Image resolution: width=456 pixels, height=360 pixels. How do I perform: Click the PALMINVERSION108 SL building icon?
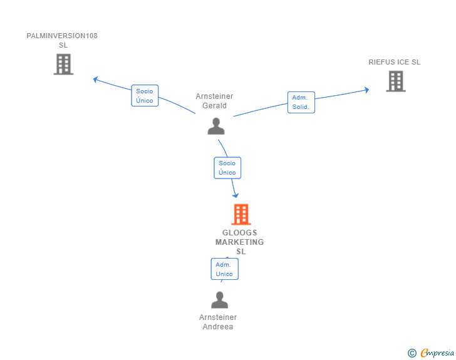click(x=63, y=64)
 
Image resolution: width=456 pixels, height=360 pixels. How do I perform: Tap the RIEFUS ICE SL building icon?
click(x=396, y=81)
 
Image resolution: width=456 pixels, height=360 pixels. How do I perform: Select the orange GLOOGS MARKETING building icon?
click(x=241, y=214)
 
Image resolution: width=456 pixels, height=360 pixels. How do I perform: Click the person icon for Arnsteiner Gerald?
click(x=216, y=126)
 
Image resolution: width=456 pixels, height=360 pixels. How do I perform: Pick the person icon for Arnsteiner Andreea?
click(x=220, y=300)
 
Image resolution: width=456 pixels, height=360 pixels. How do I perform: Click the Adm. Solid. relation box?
click(x=301, y=102)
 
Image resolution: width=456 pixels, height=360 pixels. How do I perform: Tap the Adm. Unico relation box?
click(x=224, y=269)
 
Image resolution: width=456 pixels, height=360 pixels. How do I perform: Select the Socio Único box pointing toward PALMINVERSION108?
click(x=145, y=96)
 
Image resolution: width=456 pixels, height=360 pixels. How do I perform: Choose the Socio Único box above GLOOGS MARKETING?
click(x=227, y=168)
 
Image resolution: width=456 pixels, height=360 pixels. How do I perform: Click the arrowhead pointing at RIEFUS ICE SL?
click(x=367, y=90)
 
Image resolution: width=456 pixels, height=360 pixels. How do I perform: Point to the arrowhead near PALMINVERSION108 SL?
click(x=95, y=80)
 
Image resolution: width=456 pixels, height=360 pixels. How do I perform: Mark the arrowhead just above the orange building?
click(x=236, y=195)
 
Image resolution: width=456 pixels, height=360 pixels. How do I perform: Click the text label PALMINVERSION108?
click(x=62, y=36)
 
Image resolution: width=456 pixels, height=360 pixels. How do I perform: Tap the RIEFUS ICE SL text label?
click(x=395, y=62)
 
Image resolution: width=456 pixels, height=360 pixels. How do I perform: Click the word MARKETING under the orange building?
click(x=240, y=242)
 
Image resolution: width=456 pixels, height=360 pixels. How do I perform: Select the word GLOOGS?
click(x=240, y=233)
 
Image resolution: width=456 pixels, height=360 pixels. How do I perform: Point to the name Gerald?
click(x=214, y=106)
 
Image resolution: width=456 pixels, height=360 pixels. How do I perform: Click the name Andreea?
click(x=218, y=327)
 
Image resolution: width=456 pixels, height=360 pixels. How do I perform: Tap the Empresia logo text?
click(x=437, y=353)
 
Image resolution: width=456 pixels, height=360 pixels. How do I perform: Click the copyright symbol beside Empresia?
click(x=412, y=353)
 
